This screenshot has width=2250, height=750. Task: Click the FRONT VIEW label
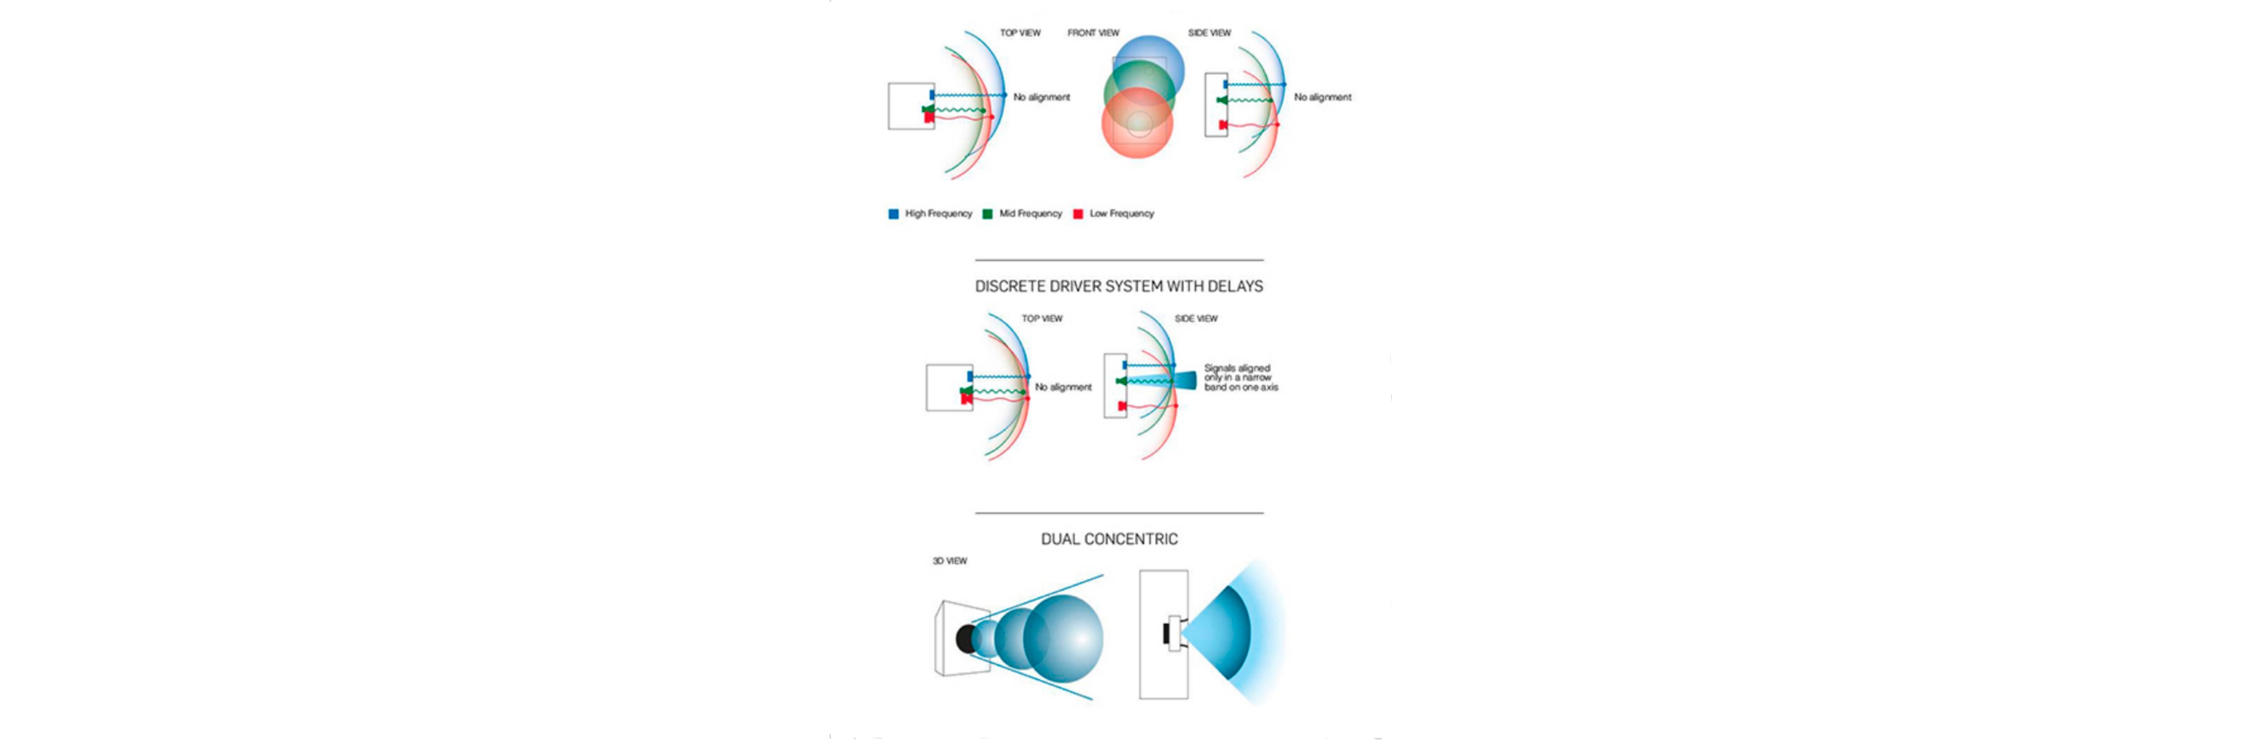[1093, 33]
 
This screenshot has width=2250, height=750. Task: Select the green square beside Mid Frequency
[988, 214]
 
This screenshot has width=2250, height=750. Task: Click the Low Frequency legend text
[1122, 214]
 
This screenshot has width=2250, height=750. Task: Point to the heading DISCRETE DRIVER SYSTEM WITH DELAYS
[1119, 286]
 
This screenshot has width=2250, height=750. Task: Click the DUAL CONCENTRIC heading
[1109, 540]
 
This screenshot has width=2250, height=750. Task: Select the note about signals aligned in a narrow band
[1241, 378]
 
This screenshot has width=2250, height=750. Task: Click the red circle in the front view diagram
[1137, 123]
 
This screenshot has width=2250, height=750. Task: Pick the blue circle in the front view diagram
[1148, 70]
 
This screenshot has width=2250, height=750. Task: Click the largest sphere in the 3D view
[1063, 636]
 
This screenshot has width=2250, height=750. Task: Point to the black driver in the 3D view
[966, 639]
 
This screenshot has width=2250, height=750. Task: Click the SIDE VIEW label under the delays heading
[1196, 319]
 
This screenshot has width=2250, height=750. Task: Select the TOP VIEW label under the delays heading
[1042, 319]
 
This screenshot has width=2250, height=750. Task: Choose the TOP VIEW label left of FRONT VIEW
[1020, 33]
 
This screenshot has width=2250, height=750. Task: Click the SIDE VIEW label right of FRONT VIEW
[1209, 33]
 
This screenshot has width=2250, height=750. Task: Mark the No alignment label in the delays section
[1063, 388]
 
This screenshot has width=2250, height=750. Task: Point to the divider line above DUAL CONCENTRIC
[1119, 514]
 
